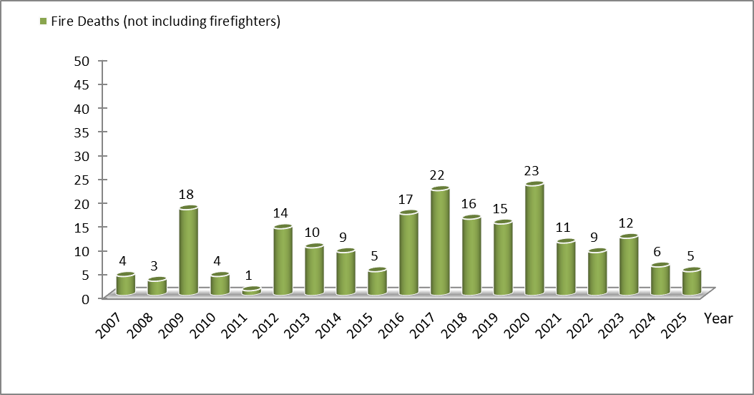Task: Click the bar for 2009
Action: (x=188, y=250)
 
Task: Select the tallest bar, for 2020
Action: (x=534, y=240)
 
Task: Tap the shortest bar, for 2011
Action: (x=251, y=291)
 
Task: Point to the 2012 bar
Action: (x=283, y=260)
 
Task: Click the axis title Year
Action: (x=718, y=318)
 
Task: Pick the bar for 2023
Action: (x=629, y=265)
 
